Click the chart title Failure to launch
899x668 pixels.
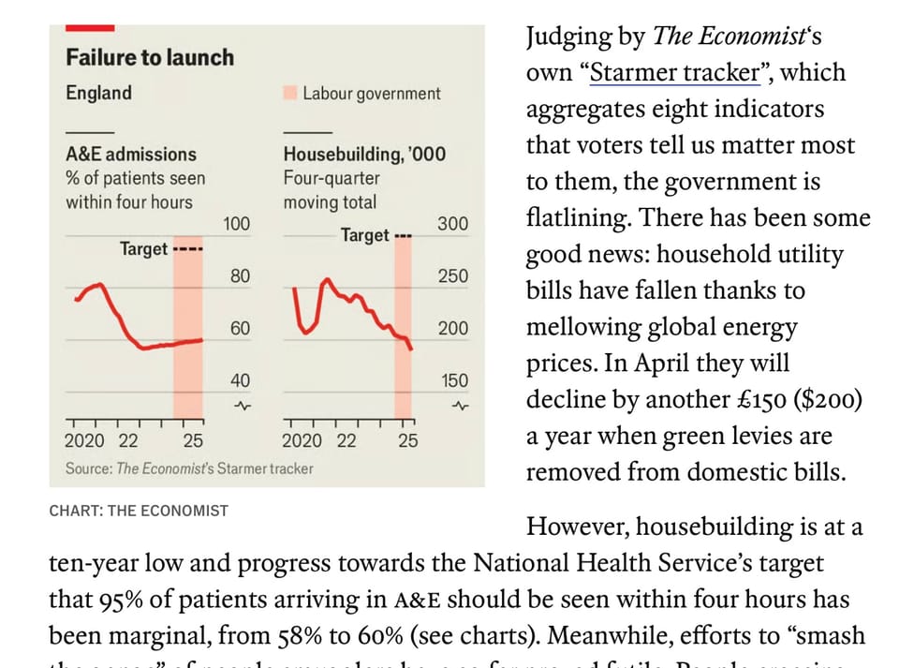pos(149,58)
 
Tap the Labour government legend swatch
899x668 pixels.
pos(289,94)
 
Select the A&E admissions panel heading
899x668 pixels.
pos(130,155)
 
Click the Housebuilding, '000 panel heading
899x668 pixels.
pos(364,155)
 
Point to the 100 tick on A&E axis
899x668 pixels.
pos(238,224)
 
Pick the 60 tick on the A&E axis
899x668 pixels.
pos(240,328)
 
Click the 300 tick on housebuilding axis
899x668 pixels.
pos(453,224)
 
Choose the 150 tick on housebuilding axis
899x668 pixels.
pos(453,380)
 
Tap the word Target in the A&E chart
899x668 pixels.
pos(143,249)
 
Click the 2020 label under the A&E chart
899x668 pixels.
pos(84,441)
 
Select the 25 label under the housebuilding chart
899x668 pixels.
pos(408,441)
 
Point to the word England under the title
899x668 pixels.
pos(98,94)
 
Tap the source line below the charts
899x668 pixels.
pos(189,468)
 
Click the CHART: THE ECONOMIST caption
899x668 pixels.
pos(139,511)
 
